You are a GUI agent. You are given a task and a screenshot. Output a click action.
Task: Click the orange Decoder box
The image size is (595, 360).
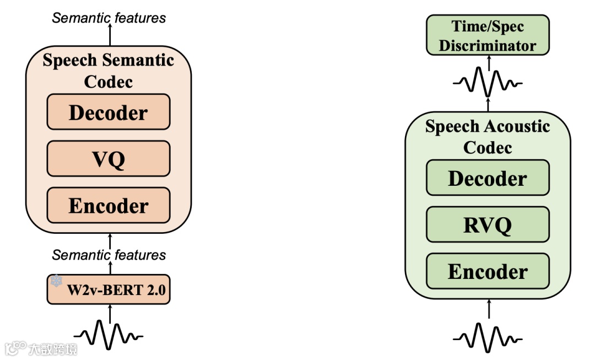tap(109, 112)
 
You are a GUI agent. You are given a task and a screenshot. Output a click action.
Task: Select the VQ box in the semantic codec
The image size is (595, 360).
tap(109, 159)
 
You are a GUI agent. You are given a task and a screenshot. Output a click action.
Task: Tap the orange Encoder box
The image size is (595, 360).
tap(109, 206)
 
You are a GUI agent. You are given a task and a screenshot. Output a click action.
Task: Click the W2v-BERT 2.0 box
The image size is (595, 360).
tap(109, 289)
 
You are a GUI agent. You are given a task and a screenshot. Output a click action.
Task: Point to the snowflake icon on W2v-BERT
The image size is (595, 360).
tap(57, 281)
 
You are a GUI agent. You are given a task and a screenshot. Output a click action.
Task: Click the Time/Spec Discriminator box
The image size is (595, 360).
tap(488, 35)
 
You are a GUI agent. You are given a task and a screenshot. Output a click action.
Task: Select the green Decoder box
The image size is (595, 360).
tap(488, 178)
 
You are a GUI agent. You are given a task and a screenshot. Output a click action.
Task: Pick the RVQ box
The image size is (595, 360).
tap(488, 224)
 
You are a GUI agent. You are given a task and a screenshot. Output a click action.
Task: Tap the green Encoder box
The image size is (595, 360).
tap(488, 271)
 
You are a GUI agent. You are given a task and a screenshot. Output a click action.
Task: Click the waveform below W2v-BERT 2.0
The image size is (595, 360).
tap(109, 334)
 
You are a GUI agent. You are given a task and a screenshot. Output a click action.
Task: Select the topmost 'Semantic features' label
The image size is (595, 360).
tap(109, 18)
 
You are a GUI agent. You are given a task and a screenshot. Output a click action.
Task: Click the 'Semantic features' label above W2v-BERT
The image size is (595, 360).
tap(109, 255)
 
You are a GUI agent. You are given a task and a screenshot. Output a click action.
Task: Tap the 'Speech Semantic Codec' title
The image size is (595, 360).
tap(109, 71)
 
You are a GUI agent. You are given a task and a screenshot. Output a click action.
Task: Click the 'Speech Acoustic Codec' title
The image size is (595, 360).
tap(488, 137)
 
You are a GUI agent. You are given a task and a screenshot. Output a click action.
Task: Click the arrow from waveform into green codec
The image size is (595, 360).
tap(488, 310)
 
